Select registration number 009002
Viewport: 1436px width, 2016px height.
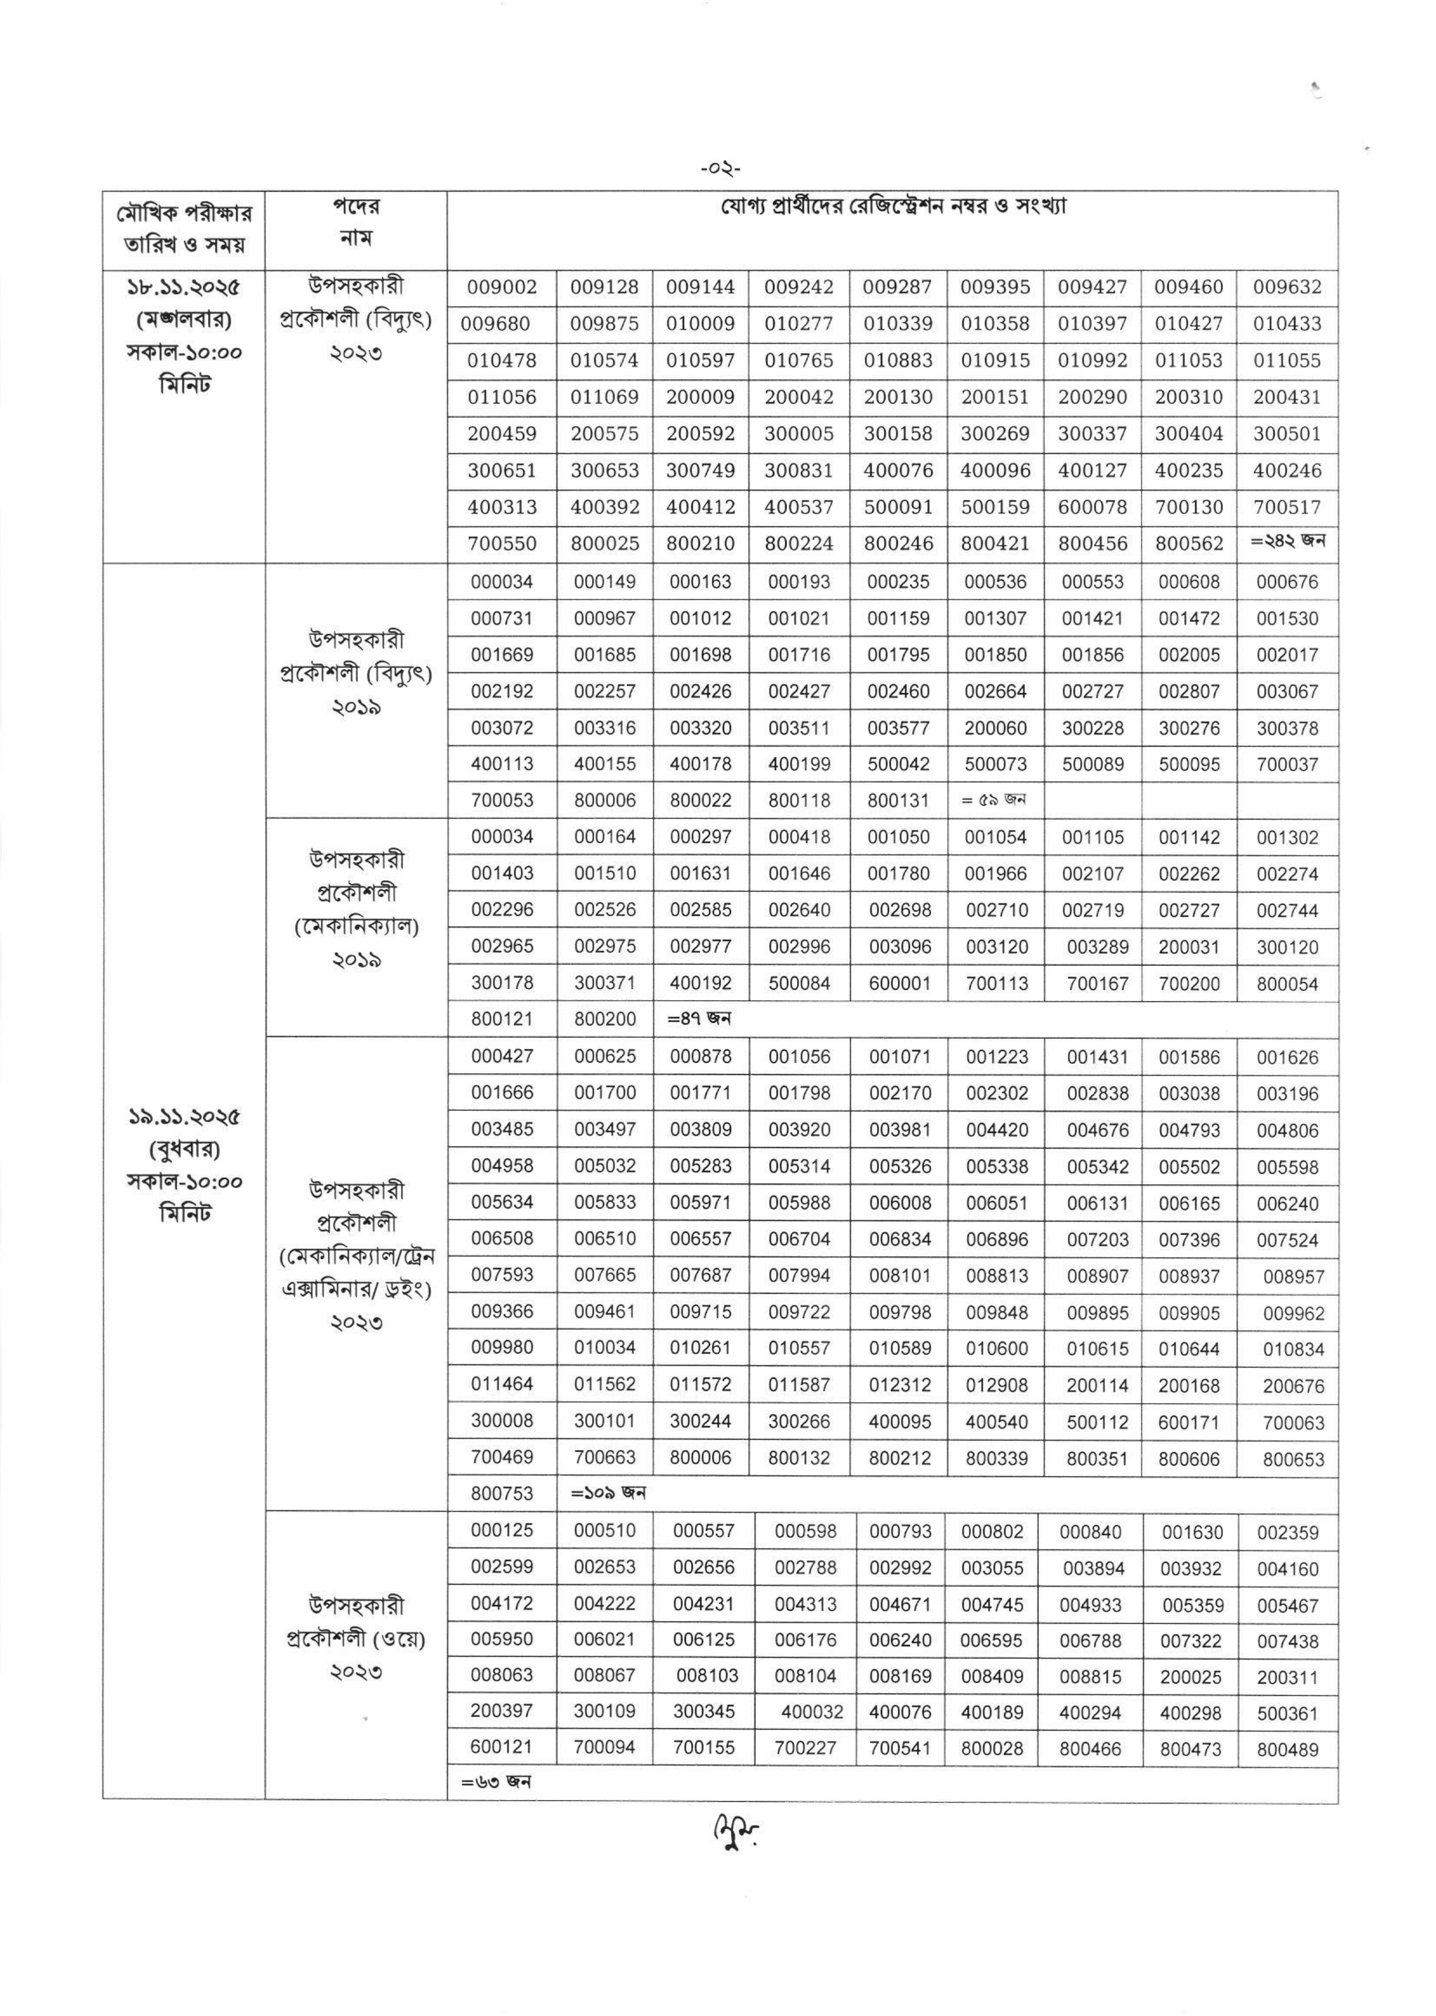[502, 287]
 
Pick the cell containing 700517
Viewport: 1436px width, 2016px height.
[1287, 508]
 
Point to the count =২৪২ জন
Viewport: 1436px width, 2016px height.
[1287, 541]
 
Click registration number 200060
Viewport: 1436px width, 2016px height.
[995, 729]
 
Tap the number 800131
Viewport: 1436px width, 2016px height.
[898, 801]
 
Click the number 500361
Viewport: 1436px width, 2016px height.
[1287, 1714]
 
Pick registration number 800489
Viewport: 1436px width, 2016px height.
[1287, 1750]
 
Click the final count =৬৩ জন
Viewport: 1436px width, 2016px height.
[496, 1783]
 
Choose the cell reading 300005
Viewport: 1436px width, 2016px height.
[799, 434]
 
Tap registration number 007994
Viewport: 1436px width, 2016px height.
[799, 1276]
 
